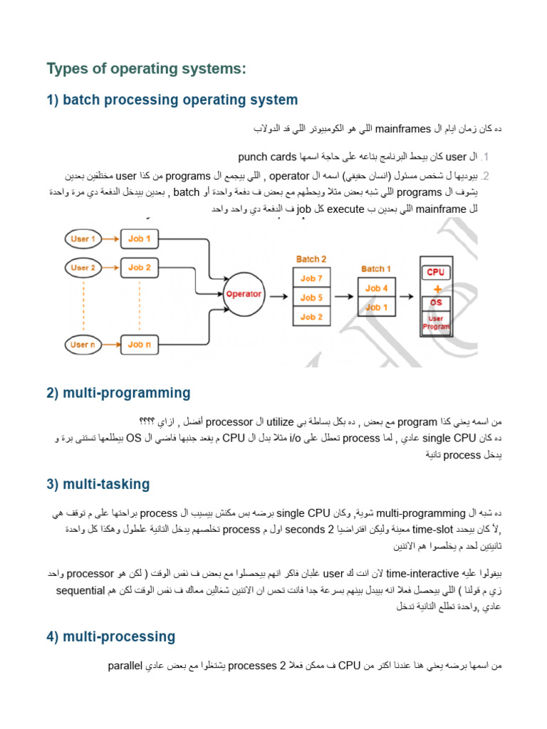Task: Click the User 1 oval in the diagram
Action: (x=83, y=239)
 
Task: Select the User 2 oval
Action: (x=83, y=268)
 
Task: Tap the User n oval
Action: (x=83, y=345)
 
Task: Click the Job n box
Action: (x=140, y=345)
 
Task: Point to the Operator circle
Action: (x=243, y=293)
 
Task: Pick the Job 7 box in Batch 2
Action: (x=311, y=278)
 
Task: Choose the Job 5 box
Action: (x=311, y=298)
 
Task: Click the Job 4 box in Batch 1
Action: (x=377, y=288)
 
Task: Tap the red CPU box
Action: (x=436, y=272)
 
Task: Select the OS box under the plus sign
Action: (x=436, y=302)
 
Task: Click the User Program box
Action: (x=436, y=323)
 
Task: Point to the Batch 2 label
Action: (x=311, y=259)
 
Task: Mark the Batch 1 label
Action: (x=376, y=268)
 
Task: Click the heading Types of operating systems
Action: (x=146, y=69)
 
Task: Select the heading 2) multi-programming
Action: (x=119, y=392)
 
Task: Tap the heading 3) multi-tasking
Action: (x=98, y=484)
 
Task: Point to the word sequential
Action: (x=80, y=592)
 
